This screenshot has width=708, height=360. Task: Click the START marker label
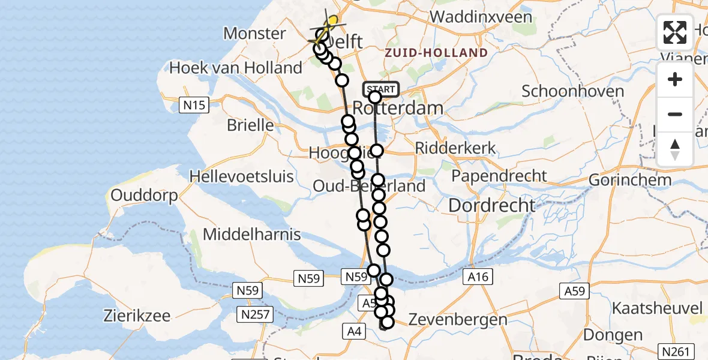coord(380,89)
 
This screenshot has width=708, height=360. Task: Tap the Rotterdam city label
coord(398,109)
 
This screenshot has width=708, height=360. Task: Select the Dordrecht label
coord(492,205)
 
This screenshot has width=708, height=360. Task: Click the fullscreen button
coord(675,32)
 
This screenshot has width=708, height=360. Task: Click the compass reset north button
coord(675,149)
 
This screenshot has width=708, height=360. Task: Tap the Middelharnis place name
coord(252,234)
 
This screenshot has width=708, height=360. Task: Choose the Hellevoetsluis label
coord(242,176)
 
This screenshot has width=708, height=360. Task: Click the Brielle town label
coord(250,126)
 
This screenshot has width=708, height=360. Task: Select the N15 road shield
coord(194,106)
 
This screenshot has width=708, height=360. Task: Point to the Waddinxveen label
coord(481,17)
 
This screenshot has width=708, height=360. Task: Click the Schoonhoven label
coord(572,92)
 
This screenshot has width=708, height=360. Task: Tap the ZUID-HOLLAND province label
coord(445,53)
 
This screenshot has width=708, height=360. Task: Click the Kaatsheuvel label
coord(657,308)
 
